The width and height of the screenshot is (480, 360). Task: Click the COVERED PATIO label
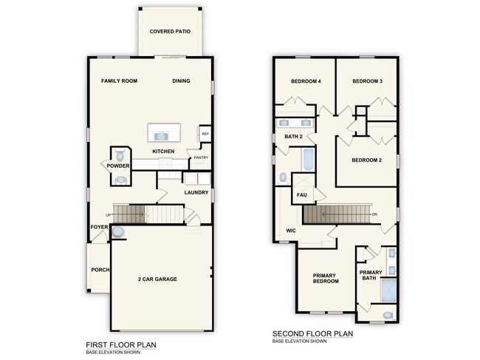(x=170, y=31)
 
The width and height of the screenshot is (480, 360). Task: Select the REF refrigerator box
(x=205, y=134)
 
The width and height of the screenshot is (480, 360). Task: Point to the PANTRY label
(x=201, y=157)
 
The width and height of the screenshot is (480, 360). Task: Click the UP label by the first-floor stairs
(x=108, y=215)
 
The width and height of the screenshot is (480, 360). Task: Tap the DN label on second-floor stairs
(x=374, y=214)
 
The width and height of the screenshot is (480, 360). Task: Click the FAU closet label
(x=301, y=195)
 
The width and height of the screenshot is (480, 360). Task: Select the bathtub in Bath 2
(x=308, y=160)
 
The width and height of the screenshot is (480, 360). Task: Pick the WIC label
(x=291, y=231)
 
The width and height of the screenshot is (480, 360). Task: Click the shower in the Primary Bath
(x=388, y=291)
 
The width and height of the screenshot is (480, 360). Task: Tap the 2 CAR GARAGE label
(x=157, y=279)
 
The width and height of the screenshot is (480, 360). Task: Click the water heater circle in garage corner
(x=118, y=231)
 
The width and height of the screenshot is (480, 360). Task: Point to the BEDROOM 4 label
(x=306, y=81)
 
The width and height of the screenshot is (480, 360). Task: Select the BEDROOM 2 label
(x=366, y=160)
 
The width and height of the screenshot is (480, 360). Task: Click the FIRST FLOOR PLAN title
(x=121, y=345)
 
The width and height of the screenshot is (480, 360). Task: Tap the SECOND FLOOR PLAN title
(x=312, y=333)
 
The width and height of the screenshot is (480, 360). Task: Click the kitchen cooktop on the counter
(x=165, y=163)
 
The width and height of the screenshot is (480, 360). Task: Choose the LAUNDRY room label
(x=196, y=192)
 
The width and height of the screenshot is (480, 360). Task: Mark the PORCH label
(x=100, y=270)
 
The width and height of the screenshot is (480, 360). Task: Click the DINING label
(x=181, y=81)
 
